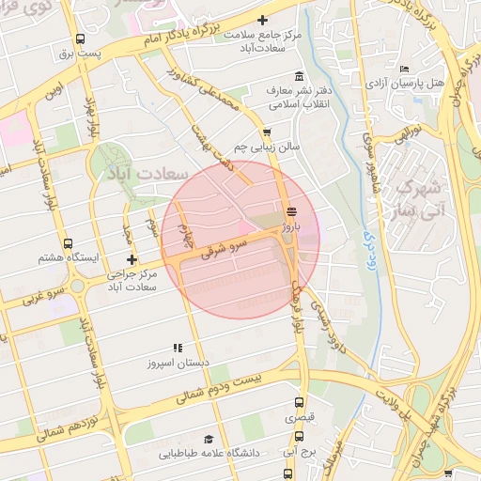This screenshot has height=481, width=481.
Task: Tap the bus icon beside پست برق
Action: coord(80,39)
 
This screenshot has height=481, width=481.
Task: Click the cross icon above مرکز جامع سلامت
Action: coord(262,20)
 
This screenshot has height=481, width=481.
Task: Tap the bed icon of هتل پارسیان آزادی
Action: coord(405,70)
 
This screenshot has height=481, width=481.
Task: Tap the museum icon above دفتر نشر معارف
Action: coord(299,76)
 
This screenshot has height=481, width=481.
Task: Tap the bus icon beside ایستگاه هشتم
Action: coord(66,244)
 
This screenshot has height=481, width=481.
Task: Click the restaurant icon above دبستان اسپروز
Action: coord(178,348)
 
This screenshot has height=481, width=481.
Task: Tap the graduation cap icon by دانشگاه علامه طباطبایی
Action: coord(209,439)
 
